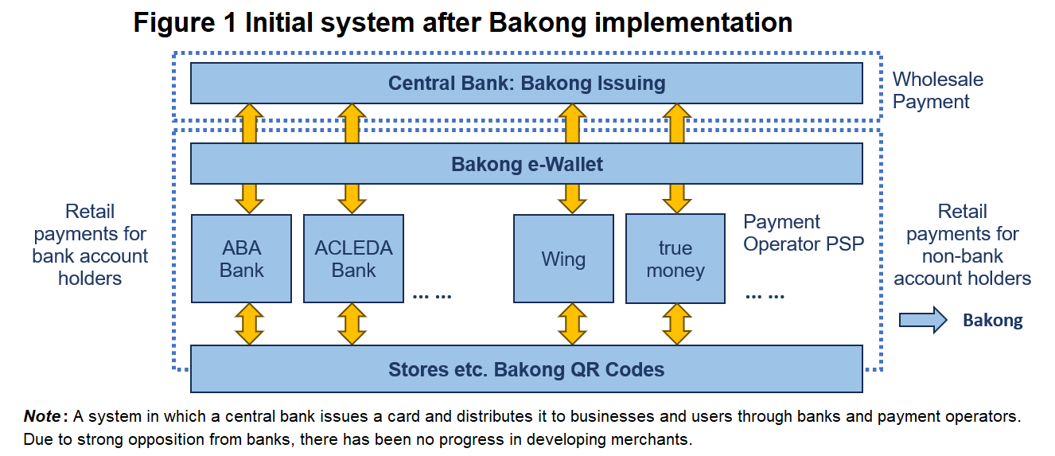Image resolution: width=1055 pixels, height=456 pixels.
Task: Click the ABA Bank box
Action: pos(241,259)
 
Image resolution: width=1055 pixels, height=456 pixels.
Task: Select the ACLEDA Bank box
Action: pos(353,259)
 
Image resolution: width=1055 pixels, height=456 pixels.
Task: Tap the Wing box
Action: pos(563,259)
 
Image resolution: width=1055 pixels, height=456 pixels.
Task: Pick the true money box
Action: pos(675,259)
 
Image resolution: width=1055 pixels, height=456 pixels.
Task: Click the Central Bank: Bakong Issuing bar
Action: pos(527,83)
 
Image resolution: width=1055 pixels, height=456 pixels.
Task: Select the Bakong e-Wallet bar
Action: pos(527,163)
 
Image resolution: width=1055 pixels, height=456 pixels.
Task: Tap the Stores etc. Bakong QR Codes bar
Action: pos(527,368)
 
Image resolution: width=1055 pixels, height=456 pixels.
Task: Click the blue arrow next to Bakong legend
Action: pos(923,320)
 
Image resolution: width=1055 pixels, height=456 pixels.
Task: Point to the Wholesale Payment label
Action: pos(938,91)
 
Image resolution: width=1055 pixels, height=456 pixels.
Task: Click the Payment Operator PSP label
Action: pos(804,232)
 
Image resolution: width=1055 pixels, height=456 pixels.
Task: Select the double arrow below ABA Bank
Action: pos(249,324)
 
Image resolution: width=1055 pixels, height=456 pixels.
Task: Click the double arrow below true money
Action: pos(677,324)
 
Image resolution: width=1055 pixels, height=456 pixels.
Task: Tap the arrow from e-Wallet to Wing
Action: pos(572,199)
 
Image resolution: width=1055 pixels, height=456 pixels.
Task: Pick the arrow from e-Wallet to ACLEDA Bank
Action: pos(352,199)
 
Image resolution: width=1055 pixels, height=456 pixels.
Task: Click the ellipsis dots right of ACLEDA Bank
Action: pos(432,296)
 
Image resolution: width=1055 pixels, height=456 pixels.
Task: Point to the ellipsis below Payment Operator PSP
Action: pos(765,296)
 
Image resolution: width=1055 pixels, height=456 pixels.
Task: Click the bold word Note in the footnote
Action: pos(42,416)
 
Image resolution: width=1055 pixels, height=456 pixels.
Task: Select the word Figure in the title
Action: pos(174,22)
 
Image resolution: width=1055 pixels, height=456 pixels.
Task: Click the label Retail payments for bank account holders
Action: pos(90,244)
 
